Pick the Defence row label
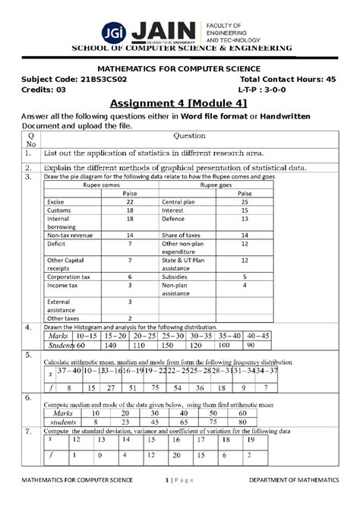pyautogui.click(x=175, y=219)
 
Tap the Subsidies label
pyautogui.click(x=176, y=277)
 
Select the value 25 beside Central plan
pyautogui.click(x=244, y=203)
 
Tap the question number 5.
pyautogui.click(x=27, y=354)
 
